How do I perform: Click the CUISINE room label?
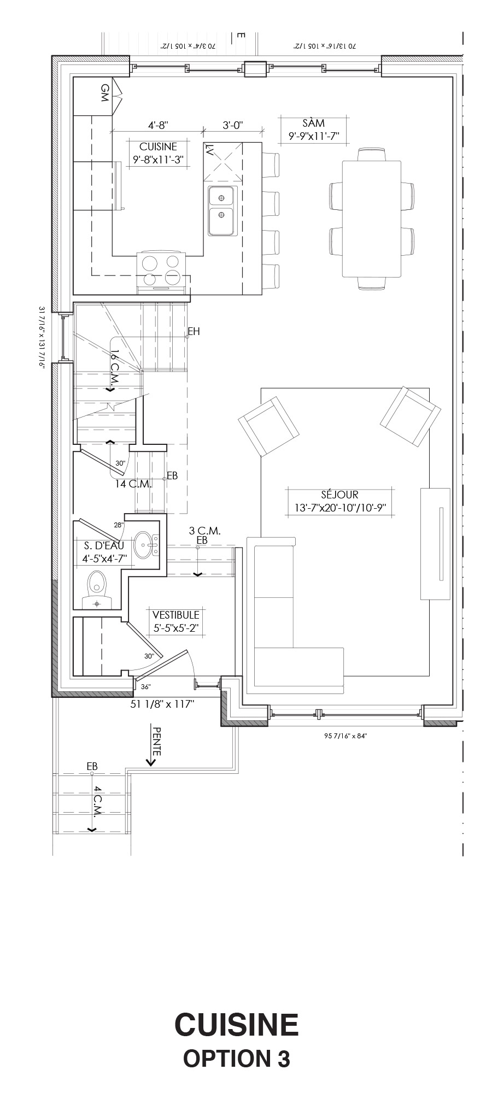pos(159,146)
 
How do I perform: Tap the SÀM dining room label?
pos(314,123)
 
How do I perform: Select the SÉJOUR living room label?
pos(340,495)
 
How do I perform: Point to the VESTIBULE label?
pos(176,615)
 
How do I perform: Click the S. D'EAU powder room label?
pos(104,545)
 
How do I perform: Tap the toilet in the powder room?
pos(97,589)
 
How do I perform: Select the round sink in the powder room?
pos(145,545)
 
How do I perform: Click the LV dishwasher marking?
pos(209,150)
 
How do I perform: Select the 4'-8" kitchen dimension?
pos(158,125)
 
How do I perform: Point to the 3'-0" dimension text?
pos(233,125)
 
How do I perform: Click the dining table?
pos(372,219)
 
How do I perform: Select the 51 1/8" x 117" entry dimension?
pos(163,704)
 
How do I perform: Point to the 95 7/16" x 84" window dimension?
pos(345,736)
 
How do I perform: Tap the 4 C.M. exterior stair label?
pos(97,801)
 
